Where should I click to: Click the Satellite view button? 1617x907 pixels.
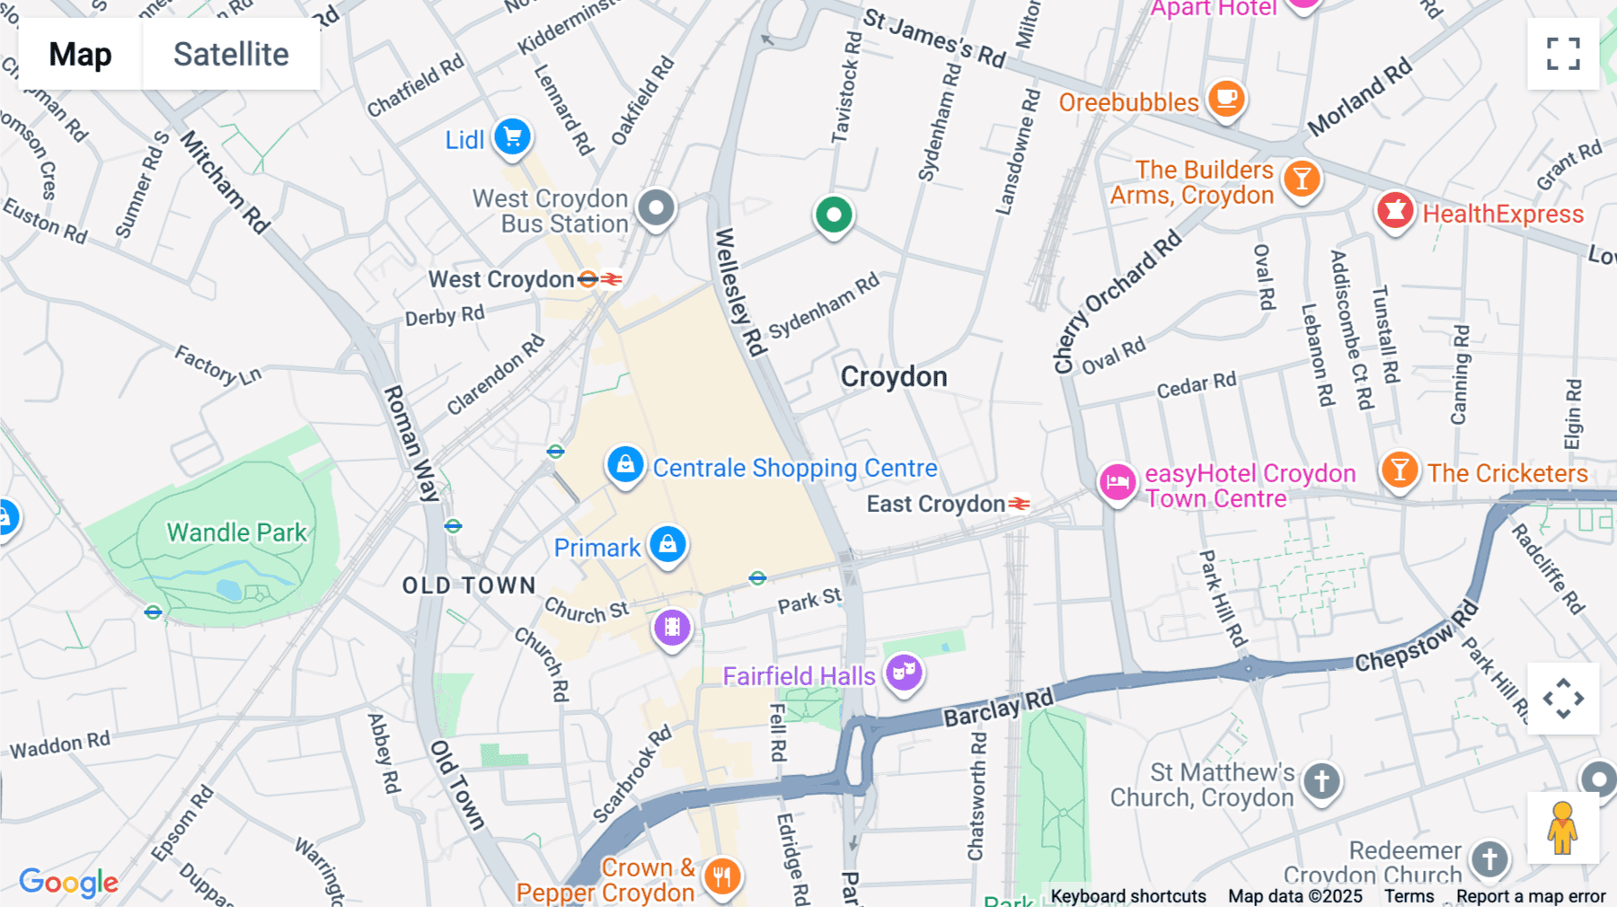tap(231, 54)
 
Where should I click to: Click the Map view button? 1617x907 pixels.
tap(80, 54)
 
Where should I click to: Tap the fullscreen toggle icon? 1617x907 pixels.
tap(1563, 54)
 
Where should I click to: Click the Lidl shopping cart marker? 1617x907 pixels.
tap(513, 137)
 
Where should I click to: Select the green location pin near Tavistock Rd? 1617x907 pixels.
tap(834, 216)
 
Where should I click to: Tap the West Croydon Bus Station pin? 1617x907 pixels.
tap(657, 208)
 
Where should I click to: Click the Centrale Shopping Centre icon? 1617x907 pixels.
tap(625, 464)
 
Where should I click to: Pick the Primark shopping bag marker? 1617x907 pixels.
tap(667, 544)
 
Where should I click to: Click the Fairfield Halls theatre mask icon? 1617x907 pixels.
tap(904, 672)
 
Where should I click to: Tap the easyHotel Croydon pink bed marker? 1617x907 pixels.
tap(1118, 483)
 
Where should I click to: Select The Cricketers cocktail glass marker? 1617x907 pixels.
tap(1400, 470)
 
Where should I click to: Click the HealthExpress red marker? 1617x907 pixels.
tap(1394, 211)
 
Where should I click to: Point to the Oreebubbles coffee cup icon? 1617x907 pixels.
tap(1226, 98)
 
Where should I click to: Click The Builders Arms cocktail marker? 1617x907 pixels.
tap(1302, 179)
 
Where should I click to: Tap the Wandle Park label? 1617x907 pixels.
tap(237, 533)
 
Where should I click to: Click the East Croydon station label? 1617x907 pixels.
tap(935, 504)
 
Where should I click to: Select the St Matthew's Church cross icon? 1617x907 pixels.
tap(1321, 781)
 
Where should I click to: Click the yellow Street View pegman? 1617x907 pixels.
tap(1562, 828)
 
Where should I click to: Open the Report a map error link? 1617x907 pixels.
tap(1531, 896)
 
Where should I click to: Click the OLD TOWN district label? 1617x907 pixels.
tap(469, 586)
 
